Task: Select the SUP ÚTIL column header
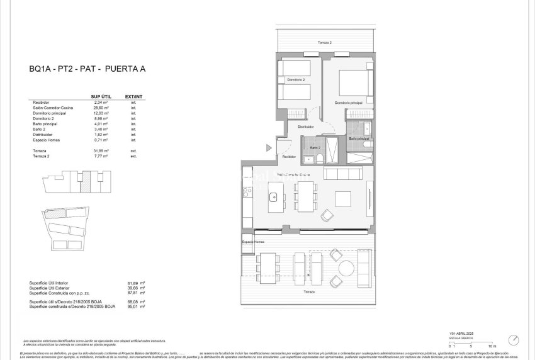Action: pos(101,96)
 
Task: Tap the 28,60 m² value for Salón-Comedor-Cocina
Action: pos(101,108)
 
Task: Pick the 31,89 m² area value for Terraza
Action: pos(101,151)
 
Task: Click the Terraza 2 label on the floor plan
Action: pos(324,43)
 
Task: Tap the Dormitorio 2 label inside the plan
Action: pos(296,80)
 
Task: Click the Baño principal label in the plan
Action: pos(358,138)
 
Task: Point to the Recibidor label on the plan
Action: pos(289,156)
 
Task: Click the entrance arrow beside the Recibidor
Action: pos(269,148)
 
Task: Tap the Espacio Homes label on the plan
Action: pos(254,242)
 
